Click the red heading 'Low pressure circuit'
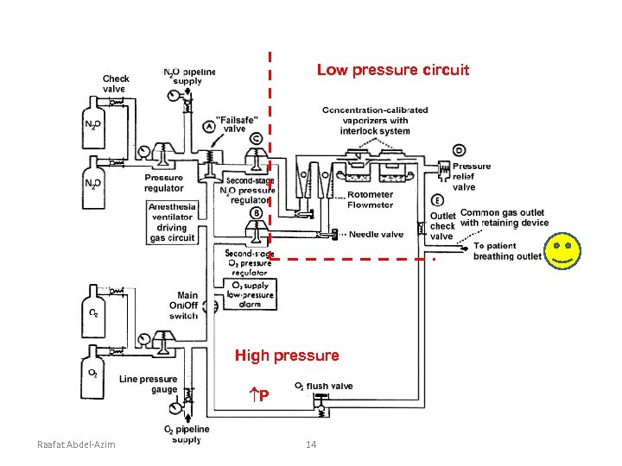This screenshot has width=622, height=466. [392, 69]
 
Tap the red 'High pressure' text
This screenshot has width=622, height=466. [288, 355]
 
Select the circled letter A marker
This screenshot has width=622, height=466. [210, 127]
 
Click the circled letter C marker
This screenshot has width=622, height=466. [257, 139]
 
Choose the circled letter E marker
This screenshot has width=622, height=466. [438, 200]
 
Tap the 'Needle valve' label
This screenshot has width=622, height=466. [376, 234]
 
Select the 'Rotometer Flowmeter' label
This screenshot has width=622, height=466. [370, 199]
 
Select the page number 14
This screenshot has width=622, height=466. [312, 444]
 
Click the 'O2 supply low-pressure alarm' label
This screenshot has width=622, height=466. [251, 294]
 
